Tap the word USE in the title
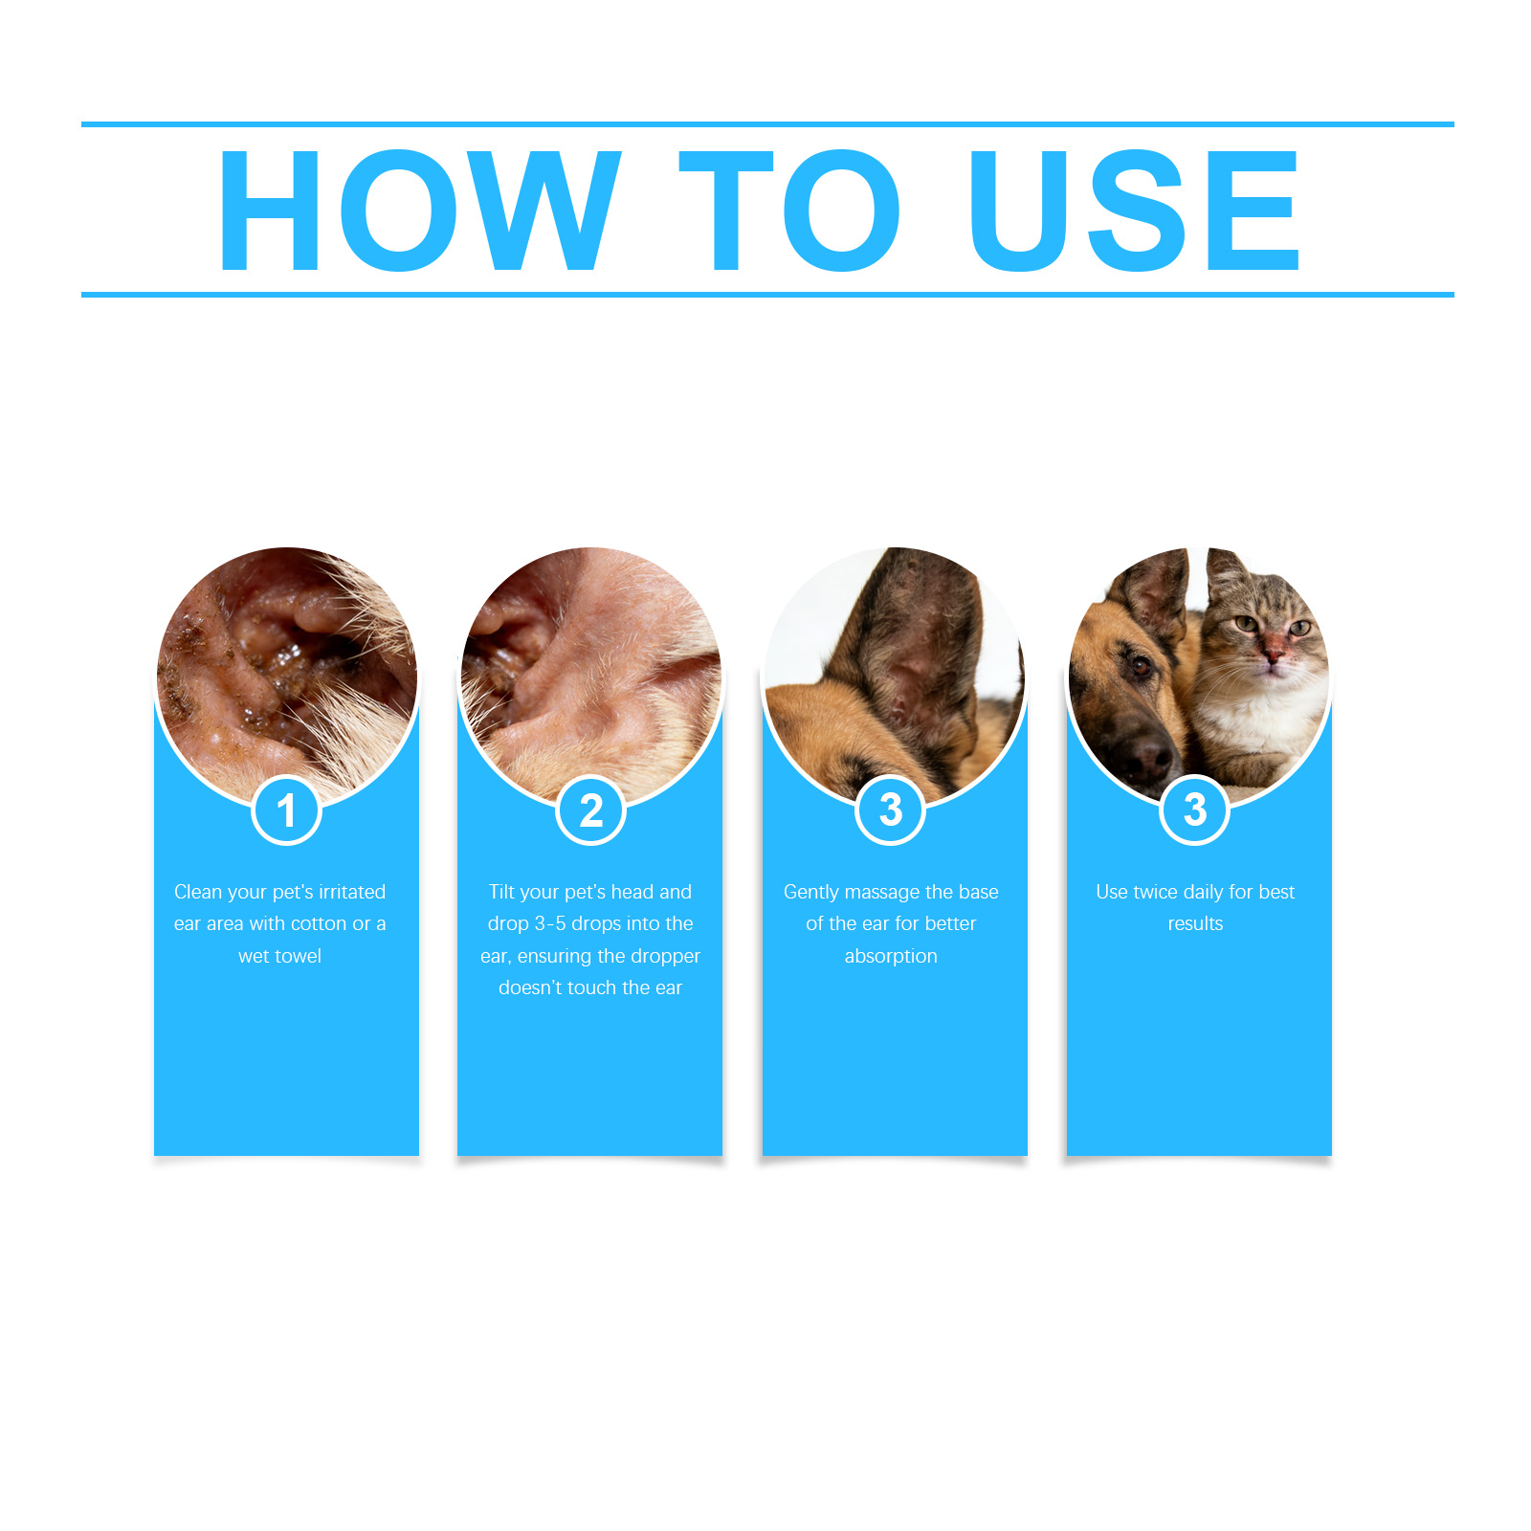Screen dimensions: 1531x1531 1135,210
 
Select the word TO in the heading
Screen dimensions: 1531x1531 790,210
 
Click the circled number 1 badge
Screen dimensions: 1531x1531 286,810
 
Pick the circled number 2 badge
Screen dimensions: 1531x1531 591,810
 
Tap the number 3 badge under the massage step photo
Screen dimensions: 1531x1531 891,810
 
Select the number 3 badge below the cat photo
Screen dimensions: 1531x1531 1194,810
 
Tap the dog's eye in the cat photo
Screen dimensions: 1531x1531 1140,666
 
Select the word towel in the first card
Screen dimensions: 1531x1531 299,956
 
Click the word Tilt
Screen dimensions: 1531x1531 501,892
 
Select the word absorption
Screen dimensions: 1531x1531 891,956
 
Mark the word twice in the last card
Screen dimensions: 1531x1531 1155,892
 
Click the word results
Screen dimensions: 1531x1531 1195,923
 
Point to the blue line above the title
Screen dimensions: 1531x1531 767,124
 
